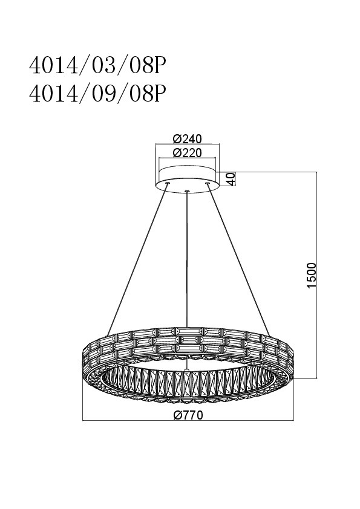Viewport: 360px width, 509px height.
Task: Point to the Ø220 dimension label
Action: click(x=188, y=152)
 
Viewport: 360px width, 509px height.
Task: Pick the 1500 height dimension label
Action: click(x=311, y=275)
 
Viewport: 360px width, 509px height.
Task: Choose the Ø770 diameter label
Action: click(x=188, y=415)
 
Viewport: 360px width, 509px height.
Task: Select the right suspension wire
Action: click(x=238, y=259)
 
